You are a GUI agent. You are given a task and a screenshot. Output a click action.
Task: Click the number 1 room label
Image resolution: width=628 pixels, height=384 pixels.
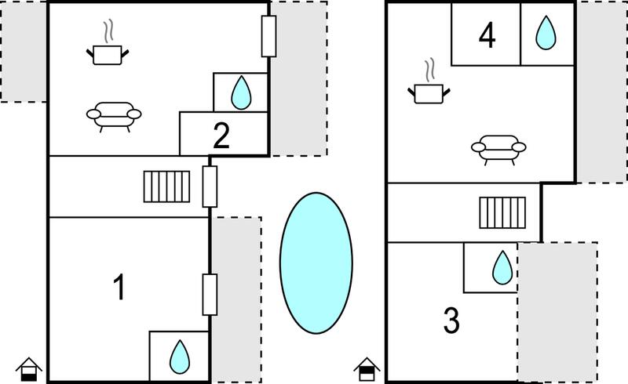[119, 287]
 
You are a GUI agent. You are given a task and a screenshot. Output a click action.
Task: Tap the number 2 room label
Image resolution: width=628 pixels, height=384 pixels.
[221, 136]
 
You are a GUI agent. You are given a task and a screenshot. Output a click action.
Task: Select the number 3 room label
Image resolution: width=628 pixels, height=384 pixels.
[451, 320]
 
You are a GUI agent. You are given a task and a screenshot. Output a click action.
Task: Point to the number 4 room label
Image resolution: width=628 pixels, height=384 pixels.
[487, 35]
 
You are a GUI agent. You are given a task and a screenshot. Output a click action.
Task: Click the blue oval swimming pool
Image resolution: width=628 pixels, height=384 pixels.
[316, 263]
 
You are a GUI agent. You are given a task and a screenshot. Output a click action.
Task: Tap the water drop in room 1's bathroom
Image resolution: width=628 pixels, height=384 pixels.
[180, 357]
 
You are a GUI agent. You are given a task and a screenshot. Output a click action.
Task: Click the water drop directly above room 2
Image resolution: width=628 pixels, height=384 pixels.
[241, 92]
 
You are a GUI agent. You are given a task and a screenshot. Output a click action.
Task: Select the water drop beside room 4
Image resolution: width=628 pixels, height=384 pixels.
[546, 33]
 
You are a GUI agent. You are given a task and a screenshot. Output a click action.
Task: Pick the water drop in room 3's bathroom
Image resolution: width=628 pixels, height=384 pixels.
[502, 267]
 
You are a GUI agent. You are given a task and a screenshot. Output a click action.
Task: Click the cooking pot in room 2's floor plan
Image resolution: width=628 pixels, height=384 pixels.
[108, 50]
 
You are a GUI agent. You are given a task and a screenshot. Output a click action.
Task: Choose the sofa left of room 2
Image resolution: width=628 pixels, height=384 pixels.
[114, 116]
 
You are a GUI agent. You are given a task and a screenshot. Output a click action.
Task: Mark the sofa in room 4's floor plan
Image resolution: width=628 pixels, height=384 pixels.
[498, 149]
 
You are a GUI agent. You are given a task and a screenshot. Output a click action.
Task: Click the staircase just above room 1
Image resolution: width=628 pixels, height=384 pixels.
[166, 187]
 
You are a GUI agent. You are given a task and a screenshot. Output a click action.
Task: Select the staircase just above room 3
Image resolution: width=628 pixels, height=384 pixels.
[502, 213]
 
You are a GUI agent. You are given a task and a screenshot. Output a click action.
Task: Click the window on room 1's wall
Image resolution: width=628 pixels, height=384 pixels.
[210, 295]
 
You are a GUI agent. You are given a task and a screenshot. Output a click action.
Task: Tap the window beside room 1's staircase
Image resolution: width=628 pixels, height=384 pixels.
[210, 187]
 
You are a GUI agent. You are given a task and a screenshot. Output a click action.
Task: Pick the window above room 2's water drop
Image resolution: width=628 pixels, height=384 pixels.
[268, 36]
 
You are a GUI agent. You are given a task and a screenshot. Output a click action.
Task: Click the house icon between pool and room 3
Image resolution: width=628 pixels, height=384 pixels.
[367, 370]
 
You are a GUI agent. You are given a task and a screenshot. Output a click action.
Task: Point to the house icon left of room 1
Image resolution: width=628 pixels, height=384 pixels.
[29, 370]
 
